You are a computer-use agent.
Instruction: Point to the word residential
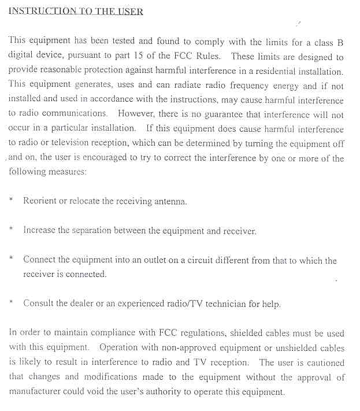(x=273, y=71)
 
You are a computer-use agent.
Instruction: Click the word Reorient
(x=41, y=201)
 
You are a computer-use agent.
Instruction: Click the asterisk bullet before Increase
(x=11, y=230)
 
